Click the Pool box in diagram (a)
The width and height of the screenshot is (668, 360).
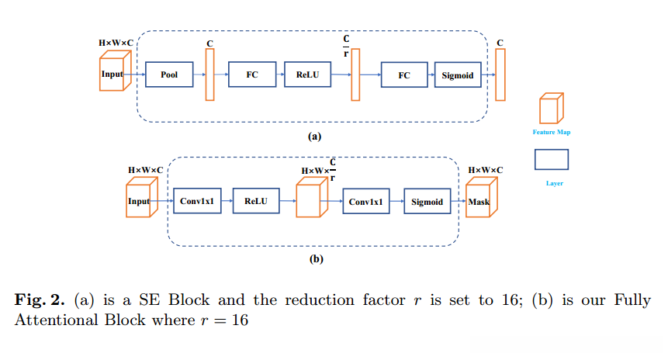coord(169,74)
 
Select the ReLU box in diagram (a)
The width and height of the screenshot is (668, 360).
coord(307,74)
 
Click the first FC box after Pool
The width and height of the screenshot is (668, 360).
coord(252,74)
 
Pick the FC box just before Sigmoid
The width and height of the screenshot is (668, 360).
coord(404,75)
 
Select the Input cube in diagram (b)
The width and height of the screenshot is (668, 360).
coord(139,201)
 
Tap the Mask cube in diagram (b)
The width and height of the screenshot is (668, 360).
coord(479,202)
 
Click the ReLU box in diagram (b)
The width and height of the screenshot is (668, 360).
coord(255,202)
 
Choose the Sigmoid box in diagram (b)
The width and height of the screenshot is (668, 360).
coord(427,202)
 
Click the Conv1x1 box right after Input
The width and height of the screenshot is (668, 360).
coord(196,202)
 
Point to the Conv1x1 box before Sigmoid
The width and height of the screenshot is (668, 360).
coord(367,202)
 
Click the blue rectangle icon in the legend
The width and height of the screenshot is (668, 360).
coord(551,159)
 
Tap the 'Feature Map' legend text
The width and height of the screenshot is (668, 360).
coord(551,133)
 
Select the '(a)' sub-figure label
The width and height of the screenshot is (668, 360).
coord(314,136)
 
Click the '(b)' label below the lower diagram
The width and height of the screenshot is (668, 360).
coord(316,259)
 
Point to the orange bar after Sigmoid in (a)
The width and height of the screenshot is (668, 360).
coord(500,74)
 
